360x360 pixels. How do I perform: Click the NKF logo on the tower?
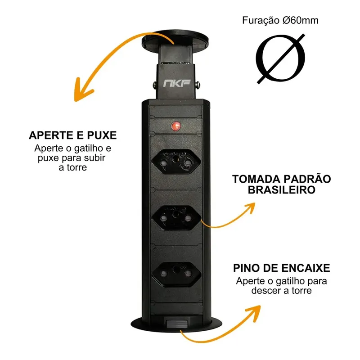[x=177, y=83]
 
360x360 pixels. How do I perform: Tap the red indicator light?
[x=176, y=126]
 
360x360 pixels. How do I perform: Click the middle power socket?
[x=176, y=217]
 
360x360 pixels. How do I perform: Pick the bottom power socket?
[x=176, y=274]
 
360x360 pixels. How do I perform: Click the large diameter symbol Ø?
[x=280, y=59]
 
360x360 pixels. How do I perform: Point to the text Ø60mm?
[x=301, y=20]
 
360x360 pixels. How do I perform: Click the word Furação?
[x=261, y=21]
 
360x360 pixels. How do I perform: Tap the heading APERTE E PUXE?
[x=73, y=135]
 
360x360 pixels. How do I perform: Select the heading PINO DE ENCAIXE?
[x=282, y=268]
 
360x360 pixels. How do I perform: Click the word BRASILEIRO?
[x=282, y=190]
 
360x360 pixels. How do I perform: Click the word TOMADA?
[x=255, y=179]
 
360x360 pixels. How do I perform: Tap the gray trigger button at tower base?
[x=177, y=323]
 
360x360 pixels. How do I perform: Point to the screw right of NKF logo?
[x=198, y=85]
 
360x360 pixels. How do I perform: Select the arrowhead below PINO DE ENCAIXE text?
[x=254, y=312]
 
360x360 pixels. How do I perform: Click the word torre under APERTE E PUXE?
[x=77, y=167]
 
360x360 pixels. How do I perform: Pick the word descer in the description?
[x=266, y=291]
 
